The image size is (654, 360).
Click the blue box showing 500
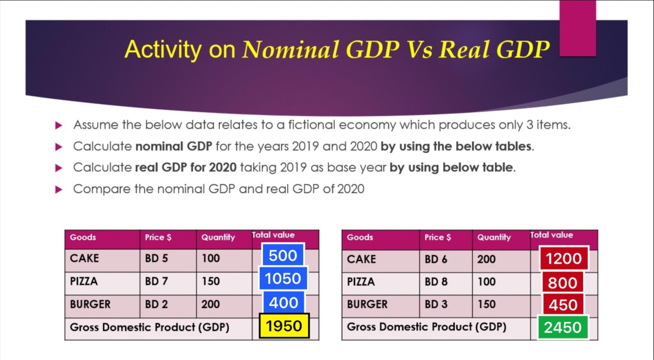coord(283,255)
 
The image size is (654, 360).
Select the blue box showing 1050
coord(283,279)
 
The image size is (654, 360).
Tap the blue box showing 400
coord(283,302)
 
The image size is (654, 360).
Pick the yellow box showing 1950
coord(284,326)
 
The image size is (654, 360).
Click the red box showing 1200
coord(564,259)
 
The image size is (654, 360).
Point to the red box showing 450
coord(563,305)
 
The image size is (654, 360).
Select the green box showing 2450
coord(562,327)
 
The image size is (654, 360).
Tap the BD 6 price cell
coord(436,259)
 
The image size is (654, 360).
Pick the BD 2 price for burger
coord(156,304)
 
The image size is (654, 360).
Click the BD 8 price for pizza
coord(436,282)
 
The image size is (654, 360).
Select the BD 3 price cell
coord(436,304)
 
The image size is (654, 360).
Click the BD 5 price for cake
coord(156,258)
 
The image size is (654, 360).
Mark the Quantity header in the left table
coord(218,238)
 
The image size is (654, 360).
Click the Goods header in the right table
coord(360,238)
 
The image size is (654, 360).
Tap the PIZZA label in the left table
coord(84,281)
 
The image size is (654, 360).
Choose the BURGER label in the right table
coord(367,304)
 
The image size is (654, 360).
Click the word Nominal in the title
coord(290,50)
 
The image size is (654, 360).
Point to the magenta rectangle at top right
coord(577,28)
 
